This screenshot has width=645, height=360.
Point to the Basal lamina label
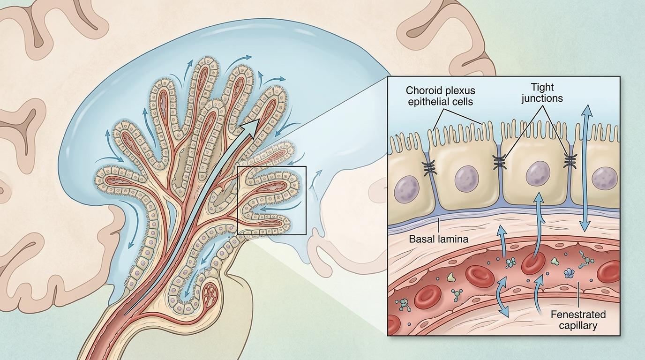pos(438,239)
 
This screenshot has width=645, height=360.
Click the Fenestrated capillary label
pos(578,320)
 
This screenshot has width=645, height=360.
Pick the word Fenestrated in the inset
pos(578,314)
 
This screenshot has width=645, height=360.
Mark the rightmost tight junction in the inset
pos(570,161)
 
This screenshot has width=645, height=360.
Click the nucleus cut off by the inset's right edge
pos(602,179)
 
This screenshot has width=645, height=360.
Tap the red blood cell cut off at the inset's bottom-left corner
pos(393,322)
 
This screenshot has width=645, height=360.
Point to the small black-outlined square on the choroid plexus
pos(272,200)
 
